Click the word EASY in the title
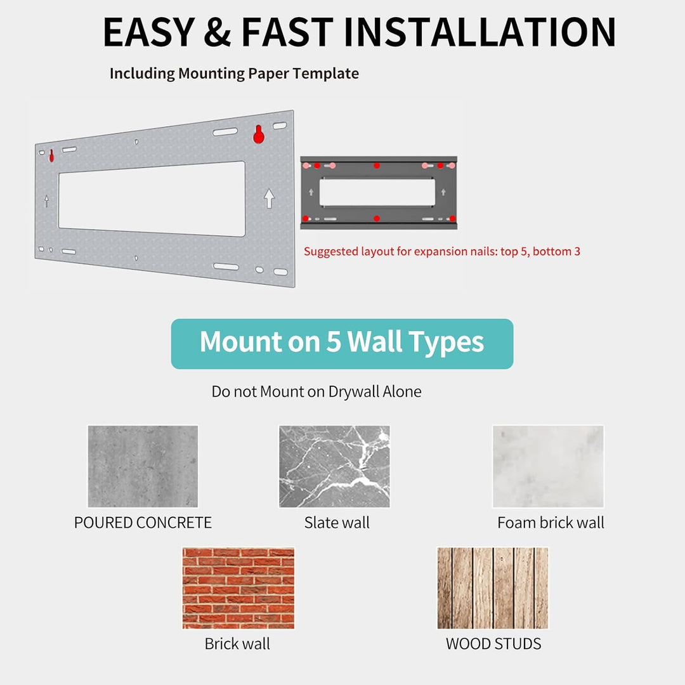[149, 32]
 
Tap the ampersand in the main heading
[217, 32]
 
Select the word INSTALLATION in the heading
[480, 32]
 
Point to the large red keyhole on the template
[259, 134]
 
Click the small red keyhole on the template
[51, 155]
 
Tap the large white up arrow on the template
[269, 199]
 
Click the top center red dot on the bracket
[377, 166]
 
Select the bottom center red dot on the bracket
[377, 218]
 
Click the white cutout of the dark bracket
[377, 192]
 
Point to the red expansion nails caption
[441, 252]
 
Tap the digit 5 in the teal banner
[334, 342]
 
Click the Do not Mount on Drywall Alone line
[316, 391]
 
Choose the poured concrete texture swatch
[143, 466]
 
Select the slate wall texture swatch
[334, 466]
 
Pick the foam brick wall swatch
[548, 466]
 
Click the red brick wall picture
[238, 588]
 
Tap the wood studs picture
[493, 588]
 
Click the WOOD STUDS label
[493, 644]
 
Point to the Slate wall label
[337, 523]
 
